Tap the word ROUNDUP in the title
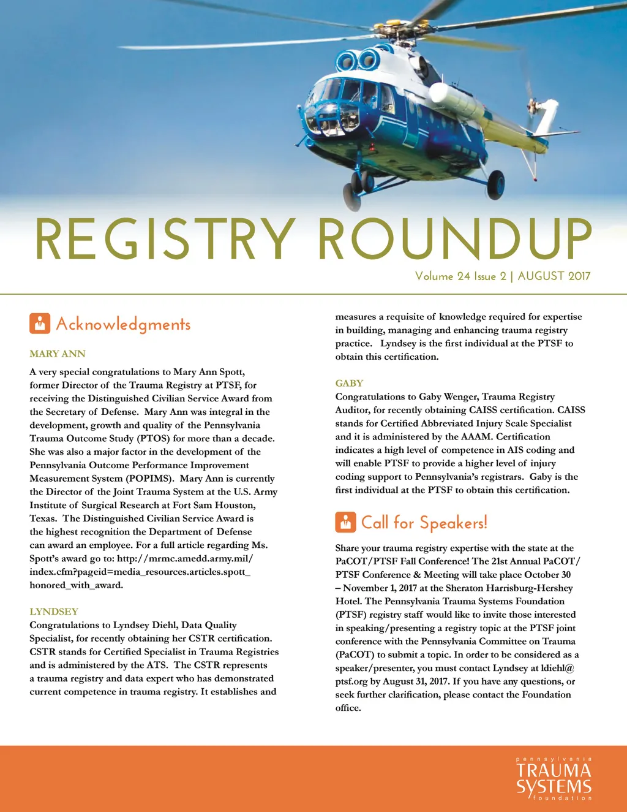tap(455, 239)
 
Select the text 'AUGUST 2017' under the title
tap(554, 276)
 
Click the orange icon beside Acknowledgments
tap(40, 324)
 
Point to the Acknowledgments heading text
tap(123, 324)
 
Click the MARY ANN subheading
tap(58, 354)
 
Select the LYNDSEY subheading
tap(54, 612)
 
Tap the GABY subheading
tap(349, 383)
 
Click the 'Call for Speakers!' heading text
tap(424, 523)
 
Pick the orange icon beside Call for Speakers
tap(345, 522)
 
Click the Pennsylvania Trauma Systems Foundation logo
tap(554, 778)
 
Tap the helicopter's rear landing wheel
tap(496, 185)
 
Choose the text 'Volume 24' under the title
tap(443, 276)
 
